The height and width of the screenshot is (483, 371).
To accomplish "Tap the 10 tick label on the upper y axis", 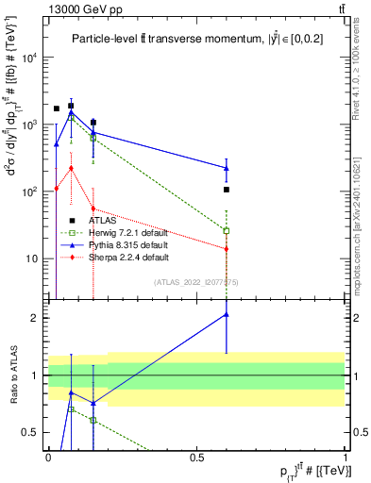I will point(34,258).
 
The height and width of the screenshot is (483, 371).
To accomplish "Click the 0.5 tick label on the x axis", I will point(196,457).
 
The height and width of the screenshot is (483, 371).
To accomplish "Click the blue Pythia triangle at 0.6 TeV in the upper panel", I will point(227,168).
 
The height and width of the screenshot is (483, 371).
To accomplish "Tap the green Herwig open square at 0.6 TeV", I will point(227,230).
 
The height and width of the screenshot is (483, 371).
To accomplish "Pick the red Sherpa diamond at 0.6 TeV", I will point(227,249).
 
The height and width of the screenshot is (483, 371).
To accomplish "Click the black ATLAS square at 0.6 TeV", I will point(227,190).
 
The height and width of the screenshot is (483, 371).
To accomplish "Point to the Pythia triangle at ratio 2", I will point(227,314).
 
